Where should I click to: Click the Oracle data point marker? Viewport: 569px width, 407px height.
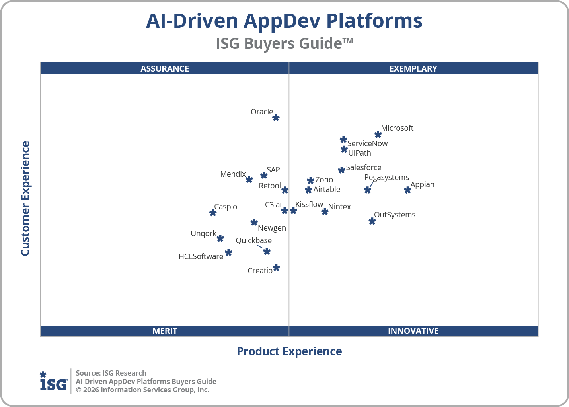276,118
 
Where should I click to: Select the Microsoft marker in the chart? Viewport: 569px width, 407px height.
378,134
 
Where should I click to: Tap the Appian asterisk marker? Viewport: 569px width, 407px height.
407,190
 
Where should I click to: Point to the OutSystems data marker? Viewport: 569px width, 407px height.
372,221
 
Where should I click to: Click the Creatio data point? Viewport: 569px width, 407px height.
276,268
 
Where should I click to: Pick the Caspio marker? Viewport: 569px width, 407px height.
213,213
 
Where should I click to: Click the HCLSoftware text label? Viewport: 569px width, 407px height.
201,256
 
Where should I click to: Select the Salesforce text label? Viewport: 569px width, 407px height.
364,167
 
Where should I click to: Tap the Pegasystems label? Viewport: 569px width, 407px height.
386,177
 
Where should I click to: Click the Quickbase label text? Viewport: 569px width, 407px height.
253,240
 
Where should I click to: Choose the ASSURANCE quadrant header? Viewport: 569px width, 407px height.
165,68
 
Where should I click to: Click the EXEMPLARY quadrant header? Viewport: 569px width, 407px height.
413,68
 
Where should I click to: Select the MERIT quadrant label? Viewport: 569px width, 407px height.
165,331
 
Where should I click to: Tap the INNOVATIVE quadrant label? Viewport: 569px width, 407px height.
413,331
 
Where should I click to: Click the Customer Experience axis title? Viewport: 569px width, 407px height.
25,198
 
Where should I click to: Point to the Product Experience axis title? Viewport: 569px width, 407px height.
289,351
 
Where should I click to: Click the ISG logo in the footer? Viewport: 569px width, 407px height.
53,382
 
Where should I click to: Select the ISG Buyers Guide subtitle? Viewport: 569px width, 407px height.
284,43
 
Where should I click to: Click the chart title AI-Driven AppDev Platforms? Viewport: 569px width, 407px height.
284,21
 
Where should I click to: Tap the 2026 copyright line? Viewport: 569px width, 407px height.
142,390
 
